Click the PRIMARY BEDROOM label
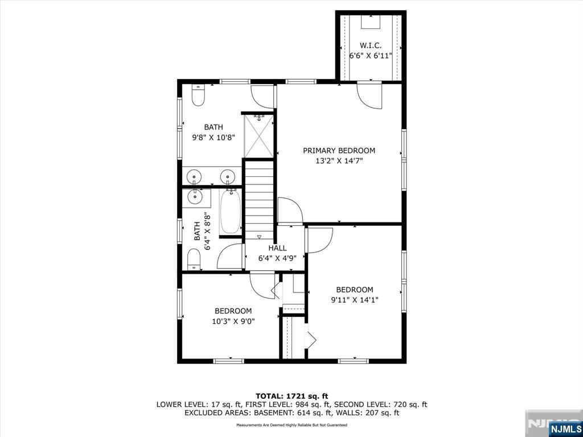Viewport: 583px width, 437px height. (x=339, y=150)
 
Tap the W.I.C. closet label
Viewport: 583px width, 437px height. (x=370, y=46)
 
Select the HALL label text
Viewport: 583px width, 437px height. (x=277, y=248)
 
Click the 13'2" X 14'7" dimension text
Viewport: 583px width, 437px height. (x=339, y=161)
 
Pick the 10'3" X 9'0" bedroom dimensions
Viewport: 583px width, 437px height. (x=233, y=321)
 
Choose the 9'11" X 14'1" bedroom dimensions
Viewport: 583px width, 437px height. (x=354, y=299)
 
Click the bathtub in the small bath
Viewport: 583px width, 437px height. (x=231, y=211)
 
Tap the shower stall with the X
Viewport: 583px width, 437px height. (x=258, y=136)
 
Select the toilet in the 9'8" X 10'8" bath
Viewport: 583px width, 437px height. (x=198, y=95)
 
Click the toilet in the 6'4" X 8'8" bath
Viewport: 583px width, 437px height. (x=194, y=259)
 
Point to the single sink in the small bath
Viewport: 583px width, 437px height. (x=195, y=197)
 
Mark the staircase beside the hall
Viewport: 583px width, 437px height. (x=259, y=199)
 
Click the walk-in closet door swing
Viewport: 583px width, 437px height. (x=369, y=96)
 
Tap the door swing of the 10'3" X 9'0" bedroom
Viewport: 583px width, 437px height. (x=262, y=286)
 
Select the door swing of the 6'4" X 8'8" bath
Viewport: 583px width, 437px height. (x=230, y=257)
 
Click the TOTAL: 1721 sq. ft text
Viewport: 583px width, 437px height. (x=291, y=396)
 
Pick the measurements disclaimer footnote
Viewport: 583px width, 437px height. (x=291, y=424)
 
